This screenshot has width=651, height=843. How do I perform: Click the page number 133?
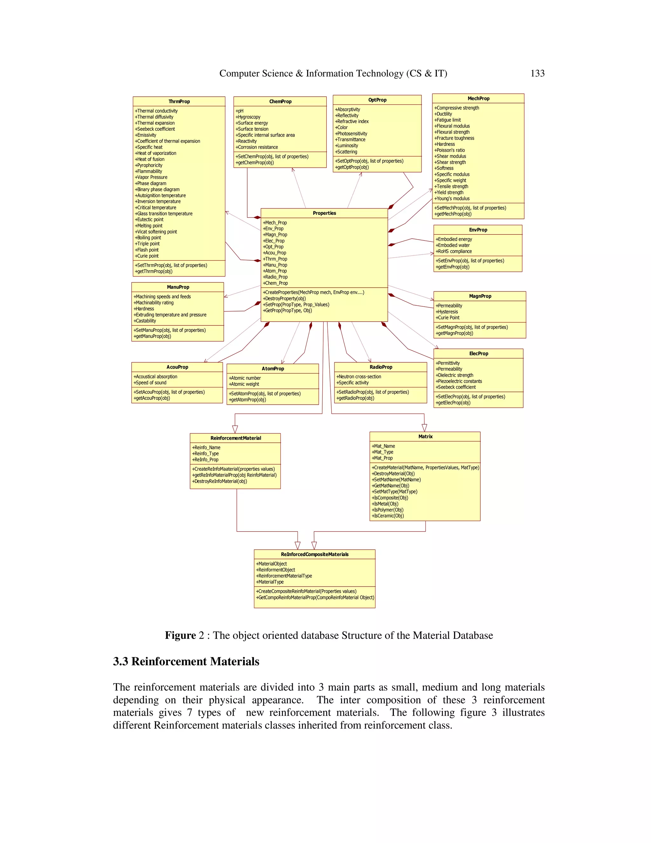coord(537,73)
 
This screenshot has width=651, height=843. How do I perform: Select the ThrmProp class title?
coord(179,101)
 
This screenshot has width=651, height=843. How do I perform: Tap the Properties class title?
coord(324,213)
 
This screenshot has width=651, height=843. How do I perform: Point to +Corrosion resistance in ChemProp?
coord(257,147)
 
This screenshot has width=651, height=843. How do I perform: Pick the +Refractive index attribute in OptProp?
coord(352,121)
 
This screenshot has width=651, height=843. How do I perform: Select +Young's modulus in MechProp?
coord(452,199)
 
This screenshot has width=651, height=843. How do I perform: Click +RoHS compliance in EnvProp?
coord(454,251)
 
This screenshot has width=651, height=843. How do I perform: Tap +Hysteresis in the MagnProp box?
coord(447,311)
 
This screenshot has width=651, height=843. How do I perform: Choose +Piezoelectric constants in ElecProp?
coord(459,381)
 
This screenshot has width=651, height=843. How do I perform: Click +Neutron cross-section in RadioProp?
coord(359,376)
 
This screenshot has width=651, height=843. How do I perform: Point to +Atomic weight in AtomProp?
coord(244,384)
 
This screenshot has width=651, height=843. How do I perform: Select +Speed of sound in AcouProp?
coord(150,382)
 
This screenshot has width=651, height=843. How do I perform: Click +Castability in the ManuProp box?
coord(145,321)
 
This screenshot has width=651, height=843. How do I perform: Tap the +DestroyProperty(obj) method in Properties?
coord(284,298)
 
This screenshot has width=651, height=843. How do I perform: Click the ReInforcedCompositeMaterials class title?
coord(315,554)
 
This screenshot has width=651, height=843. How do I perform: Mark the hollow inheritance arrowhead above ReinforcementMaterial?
coord(235,429)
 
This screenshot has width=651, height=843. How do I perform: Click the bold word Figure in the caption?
coord(181,635)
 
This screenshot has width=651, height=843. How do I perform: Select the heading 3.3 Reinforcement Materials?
coord(186,661)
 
